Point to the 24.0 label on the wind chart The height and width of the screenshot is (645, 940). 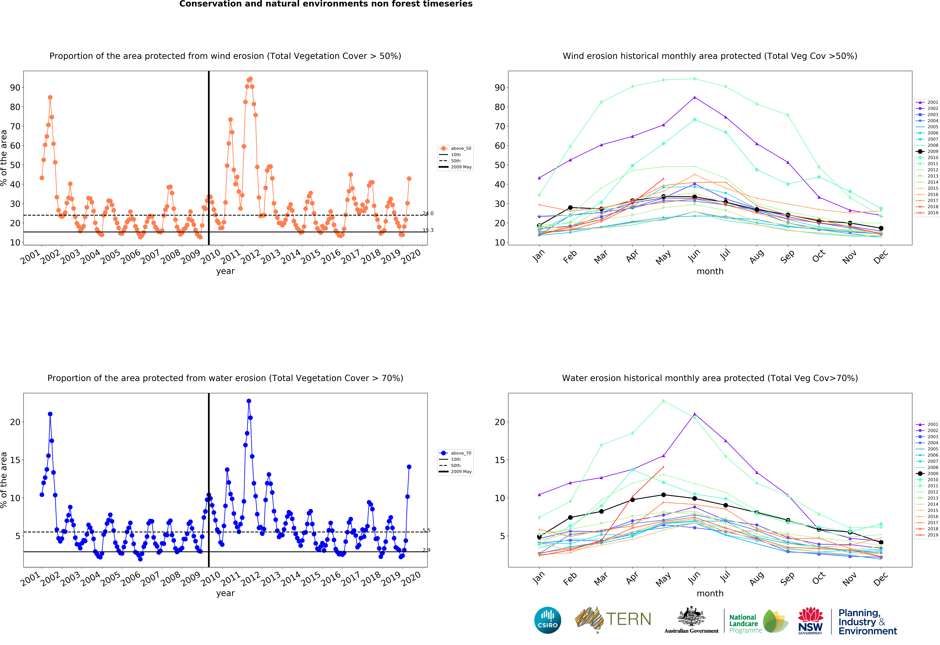pos(428,213)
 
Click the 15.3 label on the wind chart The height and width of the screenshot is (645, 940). pos(428,230)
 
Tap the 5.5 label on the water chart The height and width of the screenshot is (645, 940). pos(426,530)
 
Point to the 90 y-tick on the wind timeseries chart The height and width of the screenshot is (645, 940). pos(15,88)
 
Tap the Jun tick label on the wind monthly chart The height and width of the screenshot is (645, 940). pos(694,256)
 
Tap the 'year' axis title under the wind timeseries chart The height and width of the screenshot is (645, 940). pos(225,271)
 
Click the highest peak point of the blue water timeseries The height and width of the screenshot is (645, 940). pos(249,401)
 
